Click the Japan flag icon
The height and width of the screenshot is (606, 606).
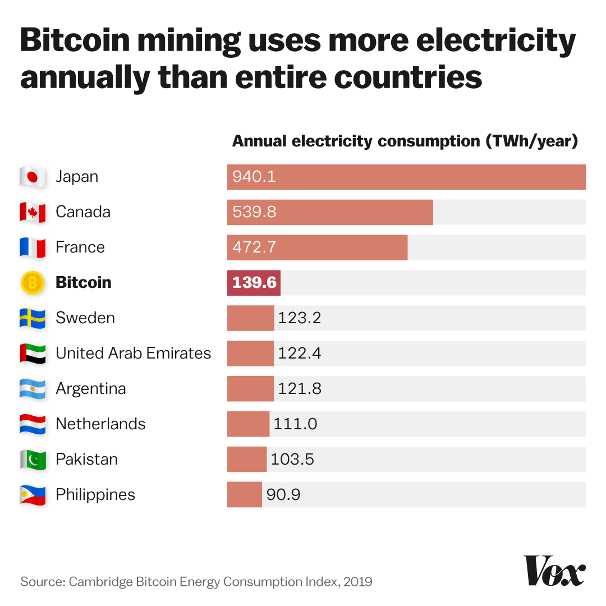(33, 177)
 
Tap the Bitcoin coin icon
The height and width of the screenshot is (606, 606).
(33, 283)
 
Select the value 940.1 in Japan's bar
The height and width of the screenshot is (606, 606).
(254, 177)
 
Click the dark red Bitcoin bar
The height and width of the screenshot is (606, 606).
(254, 283)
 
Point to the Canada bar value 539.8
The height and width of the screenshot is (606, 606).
(254, 213)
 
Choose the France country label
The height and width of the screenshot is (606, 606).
(80, 247)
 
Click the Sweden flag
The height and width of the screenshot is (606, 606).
(33, 318)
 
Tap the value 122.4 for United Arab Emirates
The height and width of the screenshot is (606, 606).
(299, 353)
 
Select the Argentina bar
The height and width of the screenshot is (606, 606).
(250, 389)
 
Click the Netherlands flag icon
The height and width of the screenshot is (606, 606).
(33, 424)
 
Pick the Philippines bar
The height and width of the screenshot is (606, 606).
(245, 495)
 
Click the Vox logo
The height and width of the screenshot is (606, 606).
(554, 571)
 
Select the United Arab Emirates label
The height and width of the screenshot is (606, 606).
(134, 353)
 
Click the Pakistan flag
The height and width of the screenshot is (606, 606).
(33, 460)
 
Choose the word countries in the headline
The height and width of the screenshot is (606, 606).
(408, 78)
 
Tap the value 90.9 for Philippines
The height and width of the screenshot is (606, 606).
(283, 495)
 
